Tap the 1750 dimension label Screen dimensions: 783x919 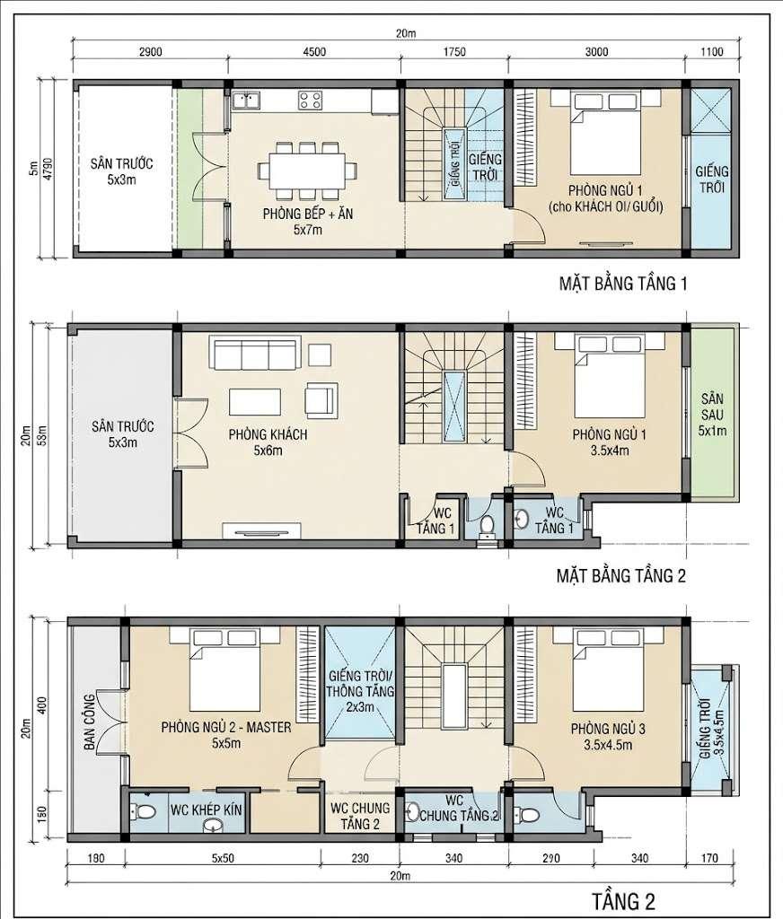coord(454,51)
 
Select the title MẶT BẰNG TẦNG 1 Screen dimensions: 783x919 coord(623,284)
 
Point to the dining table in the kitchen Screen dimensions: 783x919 coord(307,170)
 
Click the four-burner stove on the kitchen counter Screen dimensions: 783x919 coord(310,101)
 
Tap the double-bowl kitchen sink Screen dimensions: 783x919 coord(246,101)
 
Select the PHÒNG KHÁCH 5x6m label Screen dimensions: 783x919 coord(268,442)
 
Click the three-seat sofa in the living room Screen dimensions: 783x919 coord(255,352)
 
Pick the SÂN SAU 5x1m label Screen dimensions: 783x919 coord(712,415)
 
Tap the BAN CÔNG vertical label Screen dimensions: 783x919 coord(89,722)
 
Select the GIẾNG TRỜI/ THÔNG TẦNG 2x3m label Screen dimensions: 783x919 coord(360,692)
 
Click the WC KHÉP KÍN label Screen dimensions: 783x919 coord(207,810)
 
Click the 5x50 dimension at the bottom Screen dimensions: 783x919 coord(223,859)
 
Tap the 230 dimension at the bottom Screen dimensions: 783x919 coord(360,859)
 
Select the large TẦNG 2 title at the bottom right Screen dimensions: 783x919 coord(623,899)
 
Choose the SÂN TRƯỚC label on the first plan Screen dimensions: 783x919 coord(121,163)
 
